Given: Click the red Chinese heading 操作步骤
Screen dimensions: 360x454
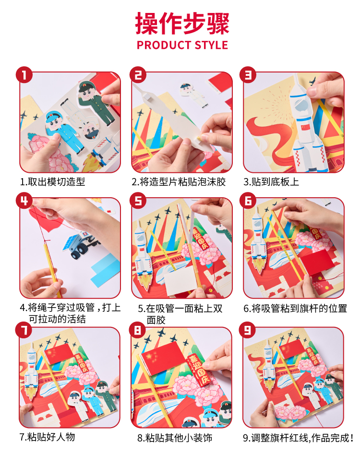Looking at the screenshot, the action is (x=182, y=23).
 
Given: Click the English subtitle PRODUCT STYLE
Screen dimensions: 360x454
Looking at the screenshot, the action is (x=182, y=45).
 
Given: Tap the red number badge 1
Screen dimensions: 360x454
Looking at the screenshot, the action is (x=24, y=75).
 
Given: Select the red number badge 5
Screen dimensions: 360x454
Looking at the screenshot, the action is (x=138, y=200).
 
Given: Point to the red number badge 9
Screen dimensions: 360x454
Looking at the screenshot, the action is (x=247, y=330).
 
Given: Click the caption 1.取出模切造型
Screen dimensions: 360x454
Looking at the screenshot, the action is (x=52, y=182).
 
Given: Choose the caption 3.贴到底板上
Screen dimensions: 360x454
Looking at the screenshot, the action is (x=271, y=182).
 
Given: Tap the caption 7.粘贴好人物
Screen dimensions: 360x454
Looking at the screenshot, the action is (x=47, y=437).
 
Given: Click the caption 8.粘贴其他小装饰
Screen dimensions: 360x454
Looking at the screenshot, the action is (x=175, y=438).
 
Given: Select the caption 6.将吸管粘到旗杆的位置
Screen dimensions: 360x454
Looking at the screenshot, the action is (x=295, y=309).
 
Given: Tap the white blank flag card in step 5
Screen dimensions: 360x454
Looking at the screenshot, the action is (x=179, y=280).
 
